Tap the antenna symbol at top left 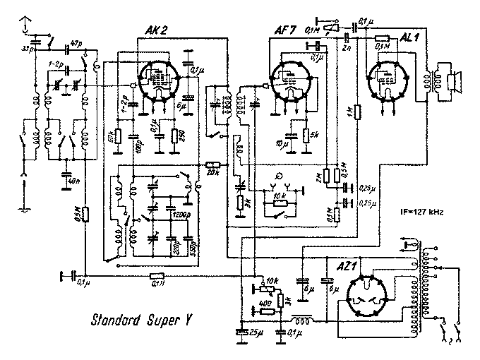click(26, 25)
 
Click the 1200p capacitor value click(181, 213)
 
